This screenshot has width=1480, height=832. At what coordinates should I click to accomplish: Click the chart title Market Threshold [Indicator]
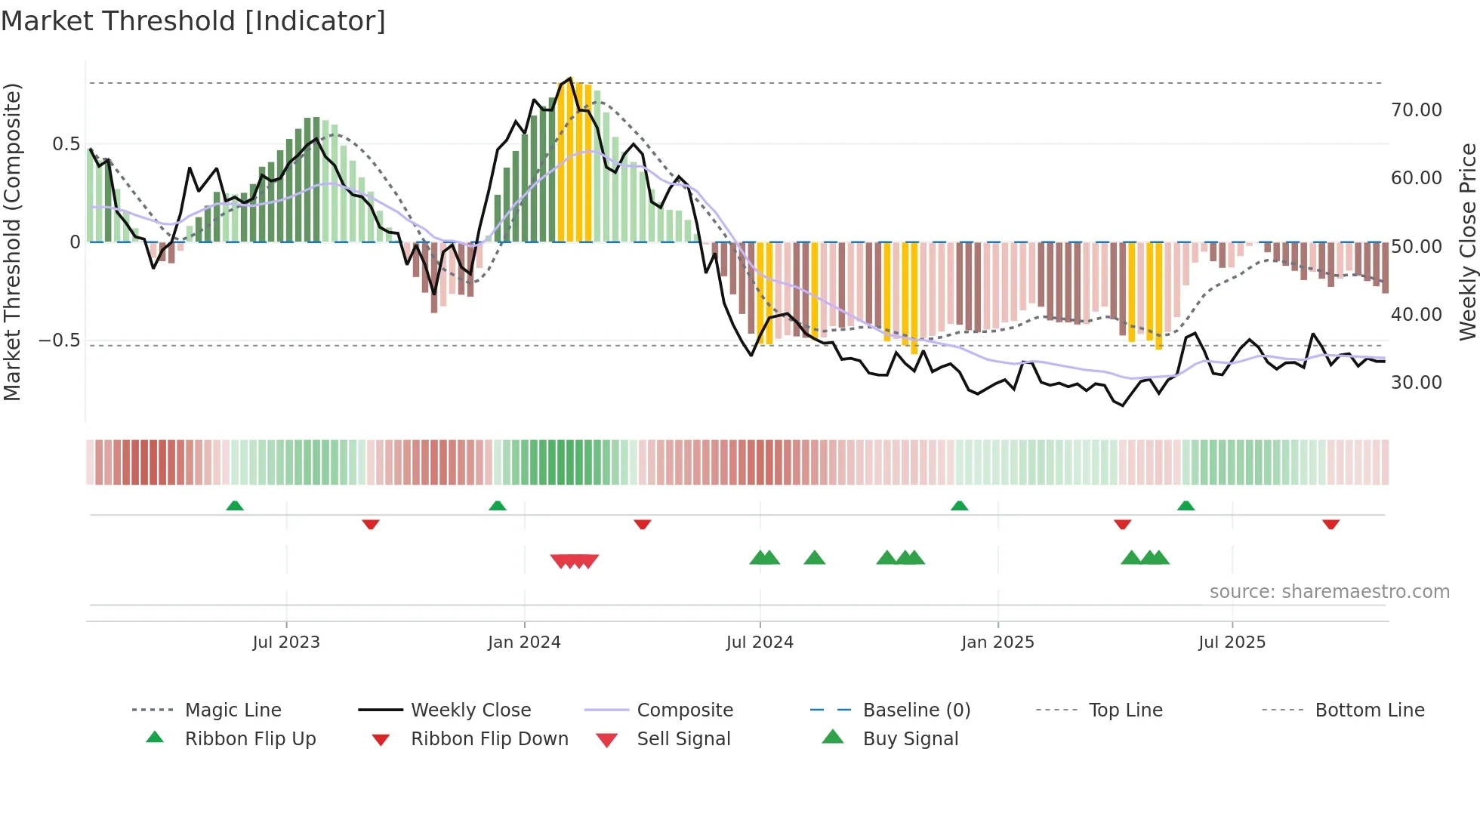(193, 21)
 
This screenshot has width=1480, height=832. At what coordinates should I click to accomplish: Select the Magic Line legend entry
(233, 710)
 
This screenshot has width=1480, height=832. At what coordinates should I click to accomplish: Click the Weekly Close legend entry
(470, 710)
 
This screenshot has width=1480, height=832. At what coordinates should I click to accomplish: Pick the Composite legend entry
(684, 710)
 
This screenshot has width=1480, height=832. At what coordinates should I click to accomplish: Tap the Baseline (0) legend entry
(916, 710)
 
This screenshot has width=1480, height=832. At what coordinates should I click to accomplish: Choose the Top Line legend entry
(1125, 710)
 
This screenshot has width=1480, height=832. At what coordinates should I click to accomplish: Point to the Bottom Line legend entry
(1369, 710)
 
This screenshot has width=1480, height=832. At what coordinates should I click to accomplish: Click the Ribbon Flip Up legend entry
(250, 738)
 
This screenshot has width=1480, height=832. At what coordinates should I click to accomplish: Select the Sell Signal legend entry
(683, 738)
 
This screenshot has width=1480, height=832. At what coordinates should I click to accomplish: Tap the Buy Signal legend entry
(910, 738)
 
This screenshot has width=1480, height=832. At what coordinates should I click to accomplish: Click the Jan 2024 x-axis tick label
(524, 642)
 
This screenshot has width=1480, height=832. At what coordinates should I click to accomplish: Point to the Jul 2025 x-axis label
(1232, 642)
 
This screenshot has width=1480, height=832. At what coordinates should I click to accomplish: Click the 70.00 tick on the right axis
(1416, 110)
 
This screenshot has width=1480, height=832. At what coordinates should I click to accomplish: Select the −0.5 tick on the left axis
(60, 341)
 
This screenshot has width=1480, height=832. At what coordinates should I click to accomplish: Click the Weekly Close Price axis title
(1467, 242)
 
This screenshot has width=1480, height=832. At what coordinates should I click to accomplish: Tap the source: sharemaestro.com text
(1329, 592)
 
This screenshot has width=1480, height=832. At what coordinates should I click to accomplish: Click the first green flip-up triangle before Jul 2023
(235, 506)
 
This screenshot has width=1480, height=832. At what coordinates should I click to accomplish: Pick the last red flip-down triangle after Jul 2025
(1330, 524)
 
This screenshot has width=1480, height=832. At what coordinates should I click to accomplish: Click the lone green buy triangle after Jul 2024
(815, 558)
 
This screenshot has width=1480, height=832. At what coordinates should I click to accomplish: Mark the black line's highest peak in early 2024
(570, 79)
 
